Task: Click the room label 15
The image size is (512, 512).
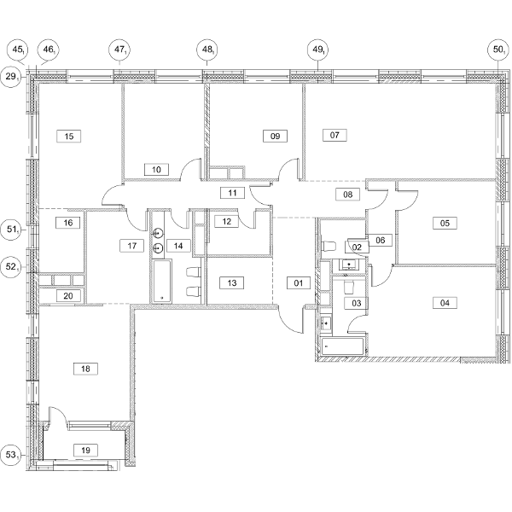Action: [x=69, y=136]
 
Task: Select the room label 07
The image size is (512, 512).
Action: [x=335, y=135]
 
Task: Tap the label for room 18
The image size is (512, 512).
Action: [x=85, y=369]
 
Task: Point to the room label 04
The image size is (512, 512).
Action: [x=445, y=303]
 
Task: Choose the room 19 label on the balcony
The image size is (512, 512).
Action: [x=85, y=451]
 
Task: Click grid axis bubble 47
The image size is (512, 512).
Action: [x=119, y=50]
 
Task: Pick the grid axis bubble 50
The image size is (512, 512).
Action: [x=498, y=50]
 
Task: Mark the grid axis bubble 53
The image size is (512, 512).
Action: [x=11, y=455]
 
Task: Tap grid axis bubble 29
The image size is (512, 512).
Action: [x=11, y=77]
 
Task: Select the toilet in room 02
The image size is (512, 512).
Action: [x=329, y=246]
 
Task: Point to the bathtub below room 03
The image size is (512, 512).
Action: [x=342, y=346]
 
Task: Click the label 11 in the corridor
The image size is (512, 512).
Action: [x=232, y=193]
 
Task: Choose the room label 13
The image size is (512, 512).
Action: [x=232, y=282]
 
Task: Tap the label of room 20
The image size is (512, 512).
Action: [x=68, y=296]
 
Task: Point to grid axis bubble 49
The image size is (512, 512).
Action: [x=317, y=50]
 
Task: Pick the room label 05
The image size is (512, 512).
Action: [x=445, y=223]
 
